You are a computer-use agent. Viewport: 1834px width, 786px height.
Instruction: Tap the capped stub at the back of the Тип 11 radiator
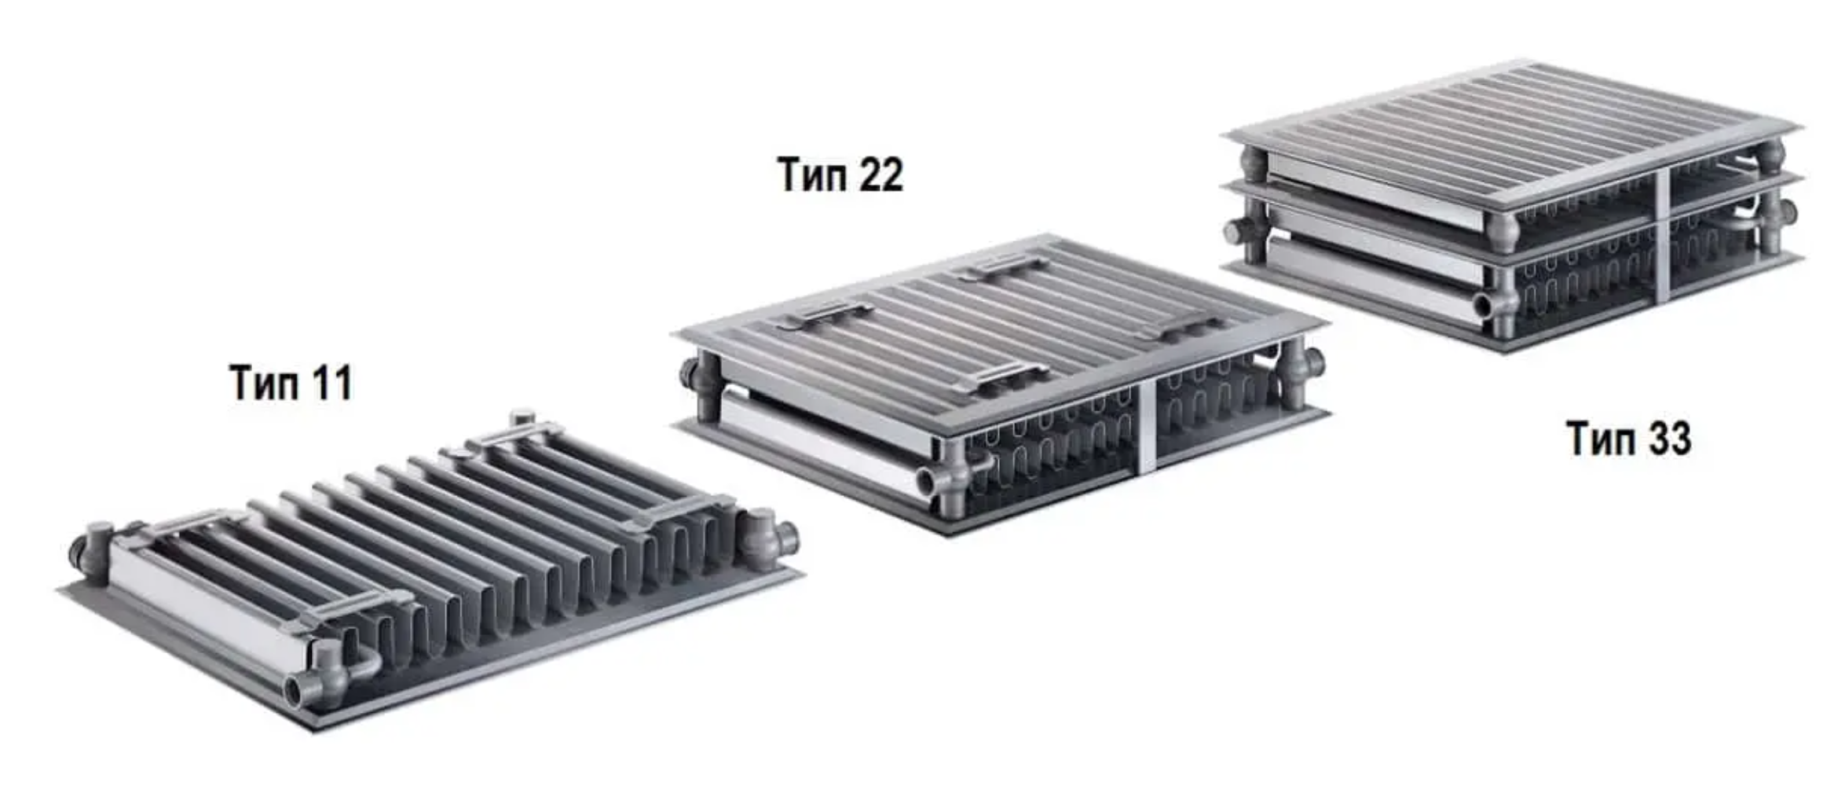point(522,418)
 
